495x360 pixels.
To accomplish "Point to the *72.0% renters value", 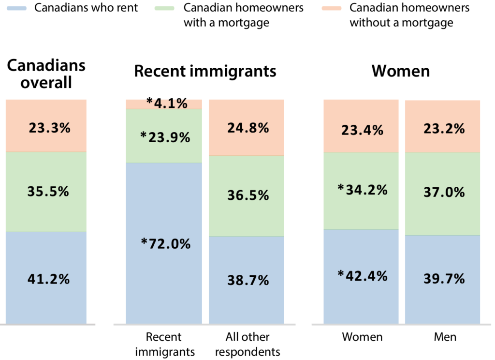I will click(165, 244).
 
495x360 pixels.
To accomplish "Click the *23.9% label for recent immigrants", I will click(165, 137).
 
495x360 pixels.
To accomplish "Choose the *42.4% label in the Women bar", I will click(362, 276).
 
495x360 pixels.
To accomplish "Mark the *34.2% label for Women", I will click(362, 190).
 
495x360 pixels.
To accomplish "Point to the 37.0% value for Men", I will click(442, 193).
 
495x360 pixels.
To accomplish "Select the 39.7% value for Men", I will click(442, 279).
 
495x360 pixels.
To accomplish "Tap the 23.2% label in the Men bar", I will click(442, 129).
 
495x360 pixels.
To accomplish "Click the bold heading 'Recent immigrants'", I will click(205, 71).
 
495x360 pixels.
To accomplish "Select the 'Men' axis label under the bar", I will click(445, 337).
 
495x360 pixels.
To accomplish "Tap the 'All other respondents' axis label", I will click(247, 344).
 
